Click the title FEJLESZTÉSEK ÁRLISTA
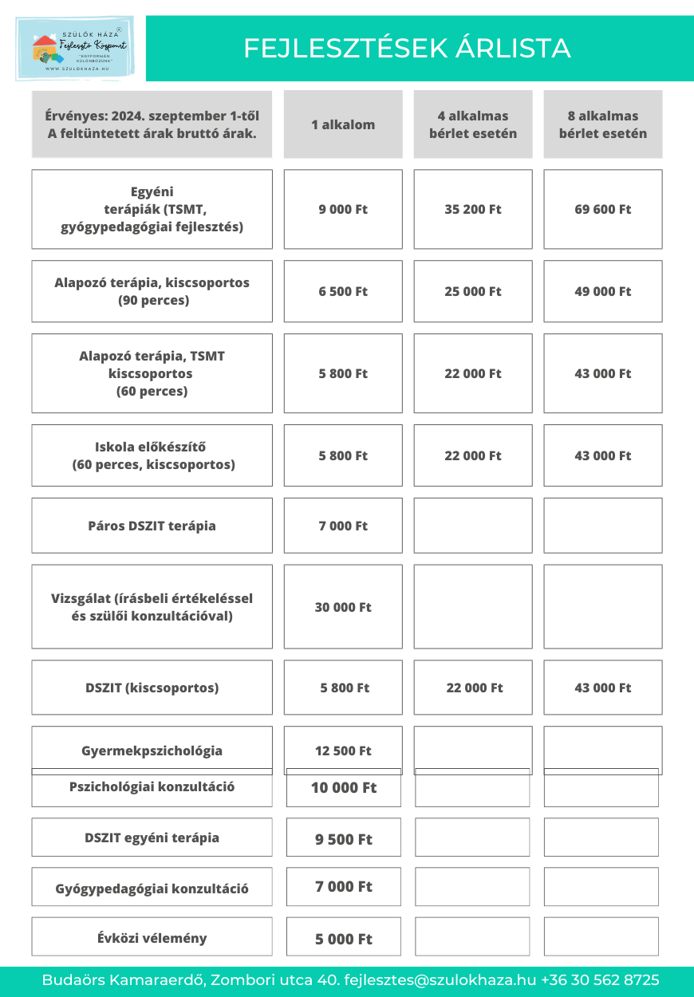[x=407, y=48]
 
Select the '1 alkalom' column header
[x=343, y=124]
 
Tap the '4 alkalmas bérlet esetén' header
[x=473, y=124]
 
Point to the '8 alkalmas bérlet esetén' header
[x=603, y=124]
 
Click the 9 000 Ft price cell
[x=343, y=209]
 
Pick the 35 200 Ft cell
[x=473, y=209]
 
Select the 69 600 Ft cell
[x=603, y=209]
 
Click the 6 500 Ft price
[x=343, y=291]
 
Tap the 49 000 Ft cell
[x=603, y=291]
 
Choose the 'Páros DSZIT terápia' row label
[x=152, y=526]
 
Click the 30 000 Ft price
[x=343, y=607]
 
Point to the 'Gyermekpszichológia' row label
[x=152, y=751]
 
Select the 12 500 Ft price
[x=343, y=751]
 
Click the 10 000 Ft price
[x=344, y=788]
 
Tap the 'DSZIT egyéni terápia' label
[x=152, y=837]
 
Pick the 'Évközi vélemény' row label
[x=152, y=938]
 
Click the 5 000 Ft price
[x=344, y=939]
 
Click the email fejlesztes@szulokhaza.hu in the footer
[x=440, y=980]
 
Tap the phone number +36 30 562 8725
[x=600, y=980]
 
